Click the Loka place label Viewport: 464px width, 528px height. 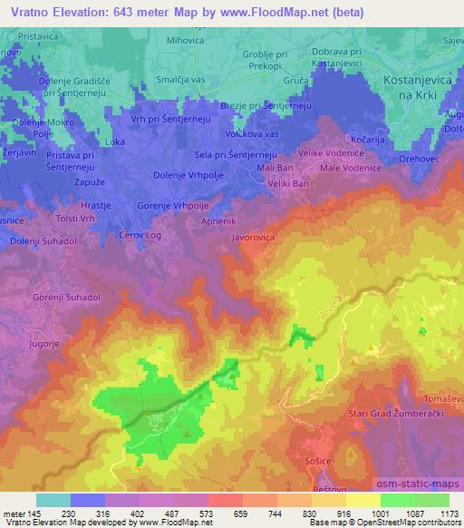[x=115, y=142]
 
